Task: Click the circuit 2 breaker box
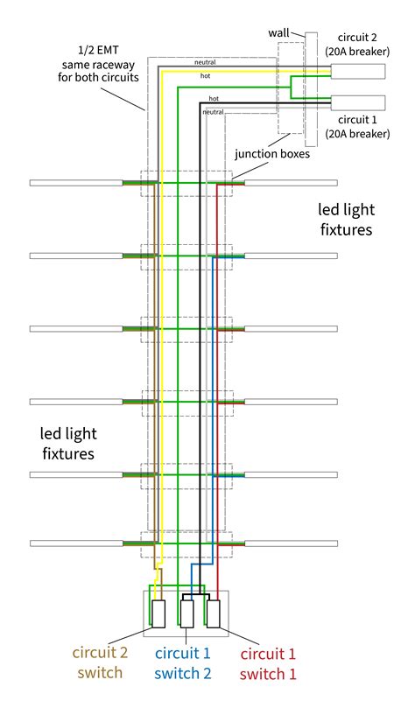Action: pos(357,74)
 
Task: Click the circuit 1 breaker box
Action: pos(357,101)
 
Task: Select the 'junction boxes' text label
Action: pos(274,154)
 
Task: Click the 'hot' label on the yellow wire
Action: pos(206,76)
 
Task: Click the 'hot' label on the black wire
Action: pos(215,100)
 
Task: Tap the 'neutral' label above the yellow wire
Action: pos(205,64)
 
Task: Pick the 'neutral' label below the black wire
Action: pos(214,113)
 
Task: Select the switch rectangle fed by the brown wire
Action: pos(159,614)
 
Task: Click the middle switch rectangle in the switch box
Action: pos(186,614)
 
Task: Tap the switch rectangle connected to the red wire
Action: pos(213,614)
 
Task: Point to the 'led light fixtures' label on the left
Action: pos(67,444)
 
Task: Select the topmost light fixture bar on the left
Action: pos(77,183)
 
